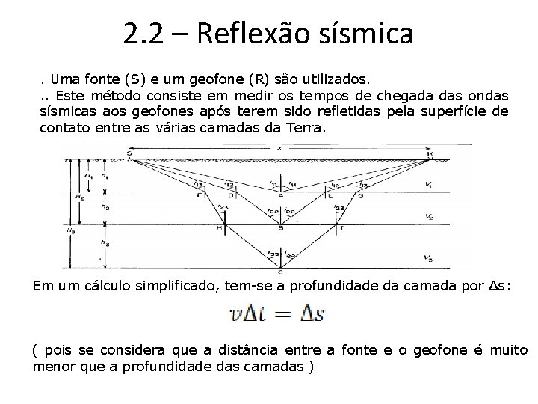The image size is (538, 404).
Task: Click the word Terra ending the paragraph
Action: [x=306, y=127]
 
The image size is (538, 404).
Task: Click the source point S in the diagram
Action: [x=129, y=153]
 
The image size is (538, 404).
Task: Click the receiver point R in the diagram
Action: [x=431, y=153]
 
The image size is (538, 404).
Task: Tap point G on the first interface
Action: [x=360, y=195]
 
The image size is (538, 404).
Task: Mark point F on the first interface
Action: [x=200, y=195]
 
